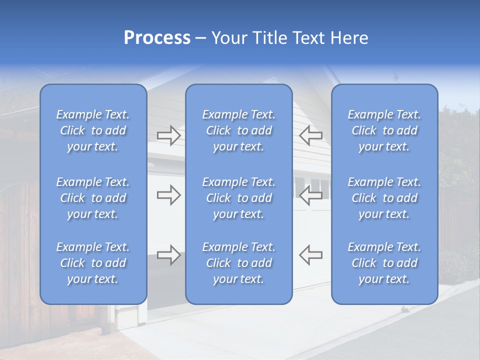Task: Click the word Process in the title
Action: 157,38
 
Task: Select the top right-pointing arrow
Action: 168,135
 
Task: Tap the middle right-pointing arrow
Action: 168,195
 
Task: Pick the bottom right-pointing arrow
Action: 168,254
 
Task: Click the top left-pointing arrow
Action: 310,135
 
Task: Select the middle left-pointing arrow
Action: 310,195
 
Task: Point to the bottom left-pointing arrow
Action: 310,254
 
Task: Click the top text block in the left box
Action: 93,130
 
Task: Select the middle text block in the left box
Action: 93,198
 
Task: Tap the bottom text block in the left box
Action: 93,263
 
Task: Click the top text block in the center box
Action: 238,130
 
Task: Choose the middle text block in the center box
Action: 238,198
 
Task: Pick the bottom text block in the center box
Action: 238,263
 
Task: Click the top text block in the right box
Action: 384,130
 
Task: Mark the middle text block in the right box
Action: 384,198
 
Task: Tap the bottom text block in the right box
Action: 384,263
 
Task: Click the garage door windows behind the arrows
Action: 320,183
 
